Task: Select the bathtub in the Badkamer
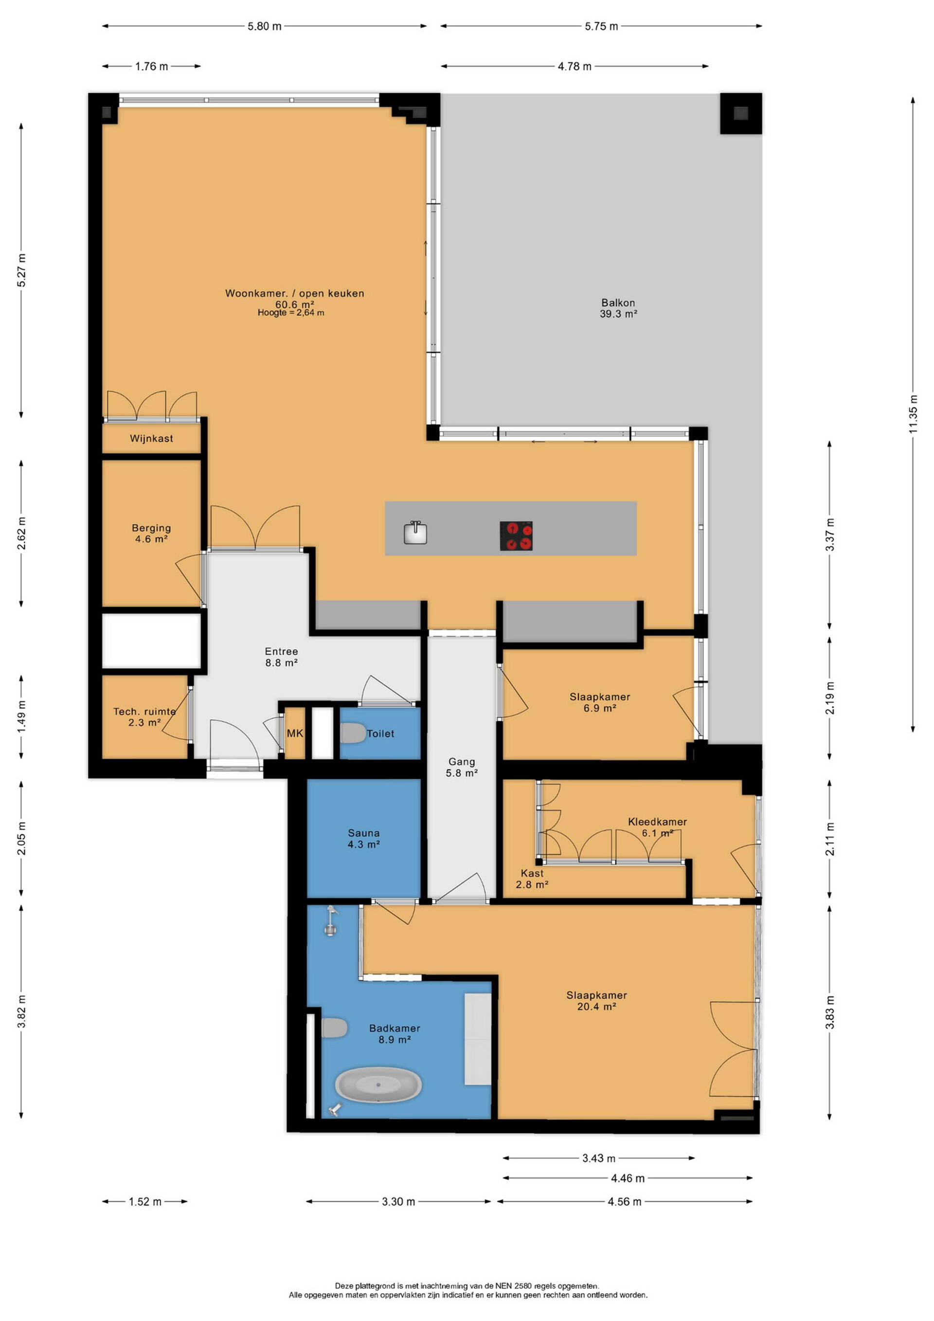click(378, 1085)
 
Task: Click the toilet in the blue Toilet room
click(353, 733)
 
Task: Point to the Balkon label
click(618, 303)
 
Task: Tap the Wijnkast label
click(151, 439)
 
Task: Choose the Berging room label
click(151, 528)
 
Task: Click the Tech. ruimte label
click(144, 711)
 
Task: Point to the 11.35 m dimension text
click(913, 414)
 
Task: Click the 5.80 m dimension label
click(265, 26)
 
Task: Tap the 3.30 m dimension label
click(398, 1201)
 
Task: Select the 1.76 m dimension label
click(152, 67)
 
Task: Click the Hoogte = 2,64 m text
click(291, 313)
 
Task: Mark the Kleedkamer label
click(657, 822)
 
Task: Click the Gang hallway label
click(462, 761)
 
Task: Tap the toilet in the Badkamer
click(334, 1027)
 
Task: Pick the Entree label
click(281, 651)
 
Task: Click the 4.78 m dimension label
click(575, 67)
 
